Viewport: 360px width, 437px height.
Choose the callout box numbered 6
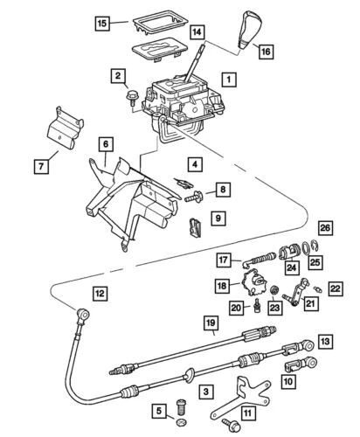pos(105,143)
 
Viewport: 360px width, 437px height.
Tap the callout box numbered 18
pos(223,286)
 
